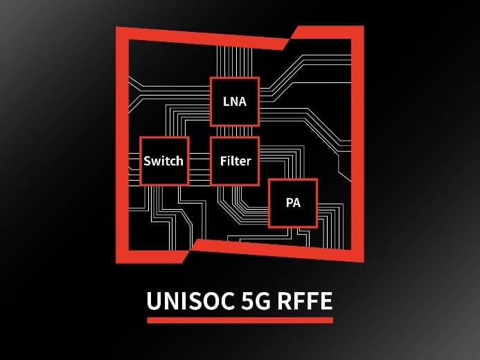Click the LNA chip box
pyautogui.click(x=234, y=101)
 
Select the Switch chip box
pyautogui.click(x=164, y=161)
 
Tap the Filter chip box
pyautogui.click(x=235, y=161)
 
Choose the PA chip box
pyautogui.click(x=292, y=203)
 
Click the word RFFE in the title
pyautogui.click(x=306, y=302)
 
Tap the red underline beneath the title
pyautogui.click(x=240, y=320)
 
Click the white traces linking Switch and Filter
pyautogui.click(x=199, y=161)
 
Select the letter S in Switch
pyautogui.click(x=147, y=161)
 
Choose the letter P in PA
pyautogui.click(x=288, y=204)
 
